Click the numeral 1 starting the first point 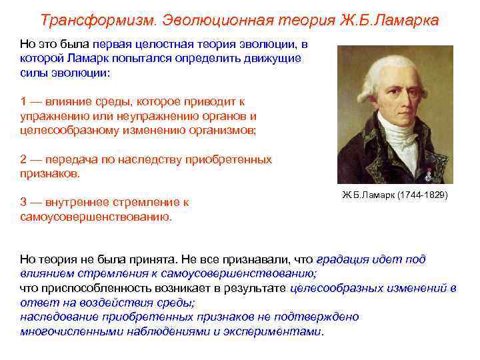point(23,102)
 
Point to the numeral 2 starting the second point point(23,160)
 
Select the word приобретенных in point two point(233,160)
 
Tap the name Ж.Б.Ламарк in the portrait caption point(367,196)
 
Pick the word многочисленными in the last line point(65,331)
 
